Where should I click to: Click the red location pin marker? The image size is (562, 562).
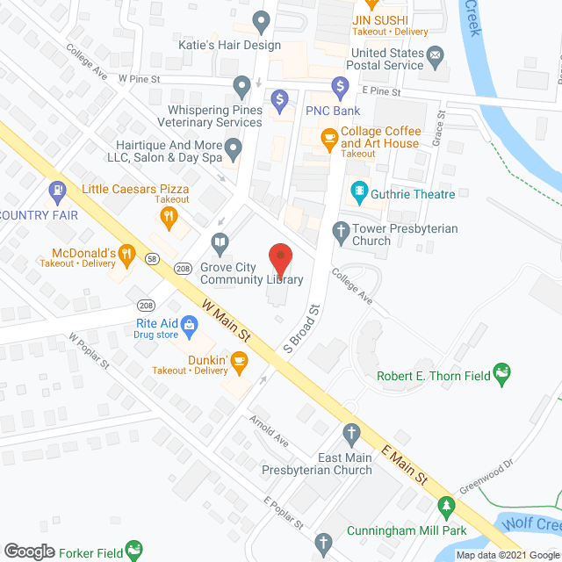280,257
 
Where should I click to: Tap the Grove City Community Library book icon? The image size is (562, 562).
220,241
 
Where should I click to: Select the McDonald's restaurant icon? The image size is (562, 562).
127,255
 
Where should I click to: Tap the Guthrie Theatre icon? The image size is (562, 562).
358,191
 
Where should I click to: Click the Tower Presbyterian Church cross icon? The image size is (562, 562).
341,231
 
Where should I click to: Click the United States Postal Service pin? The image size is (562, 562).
436,55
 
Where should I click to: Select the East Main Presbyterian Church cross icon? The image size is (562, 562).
351,432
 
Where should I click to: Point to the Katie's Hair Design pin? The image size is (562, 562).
261,19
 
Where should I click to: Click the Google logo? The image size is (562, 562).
28,551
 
